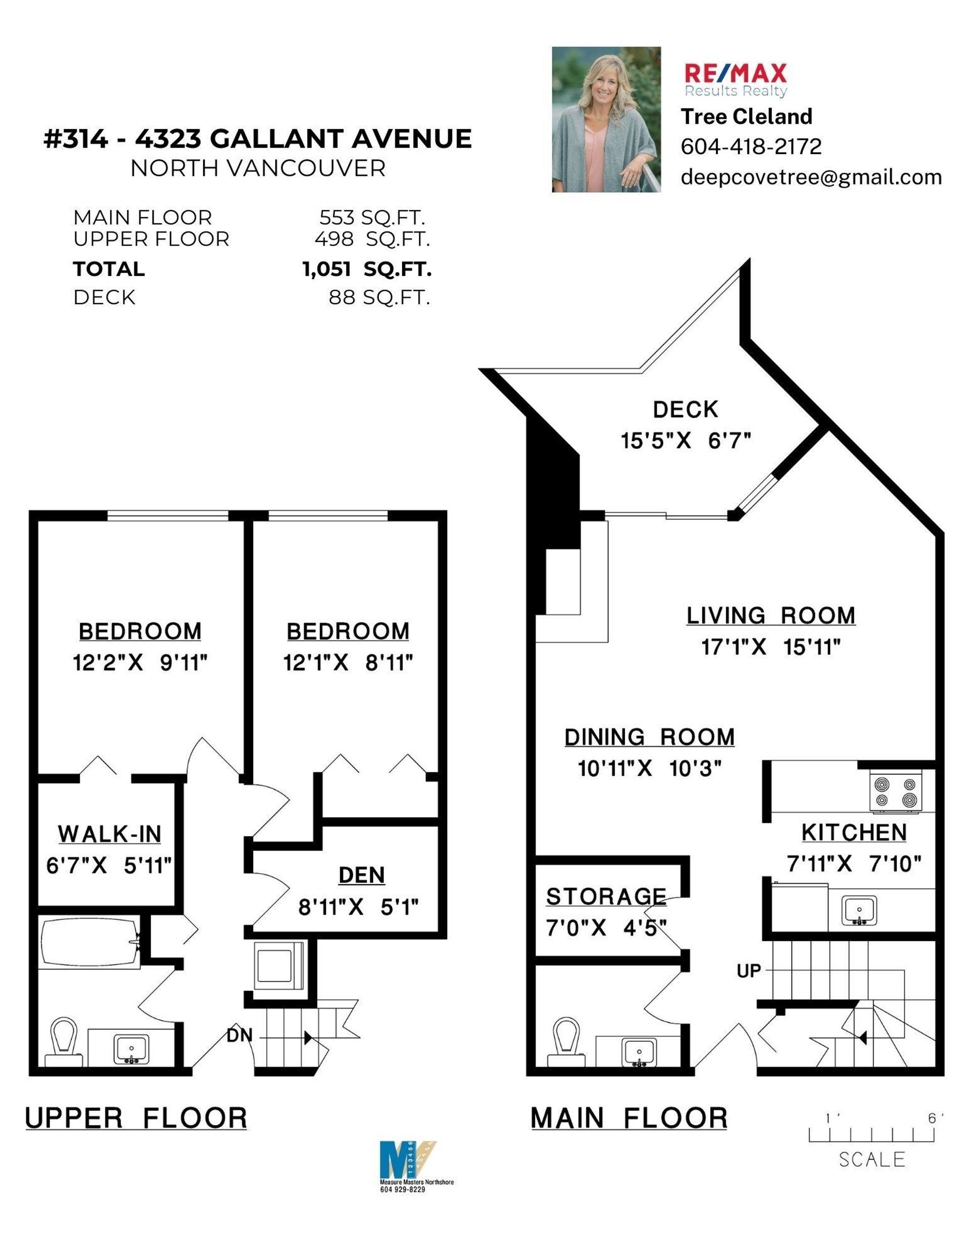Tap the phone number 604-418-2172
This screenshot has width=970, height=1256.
[x=751, y=147]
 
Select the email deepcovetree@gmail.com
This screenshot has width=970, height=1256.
[x=811, y=177]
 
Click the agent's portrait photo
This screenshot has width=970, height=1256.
[x=606, y=120]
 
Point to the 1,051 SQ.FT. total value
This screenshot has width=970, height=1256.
[x=367, y=269]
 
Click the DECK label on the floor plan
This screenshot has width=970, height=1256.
[x=686, y=409]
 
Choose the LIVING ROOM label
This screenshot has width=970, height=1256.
[x=770, y=615]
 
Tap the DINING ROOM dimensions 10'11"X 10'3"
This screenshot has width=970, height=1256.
[x=649, y=768]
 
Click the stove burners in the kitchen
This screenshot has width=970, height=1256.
[x=894, y=793]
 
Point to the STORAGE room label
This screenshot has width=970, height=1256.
[x=606, y=897]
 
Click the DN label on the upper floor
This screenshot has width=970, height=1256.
[x=239, y=1035]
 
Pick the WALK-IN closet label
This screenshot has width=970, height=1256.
[x=109, y=834]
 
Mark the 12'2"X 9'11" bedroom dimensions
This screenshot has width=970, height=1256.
[x=140, y=663]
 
